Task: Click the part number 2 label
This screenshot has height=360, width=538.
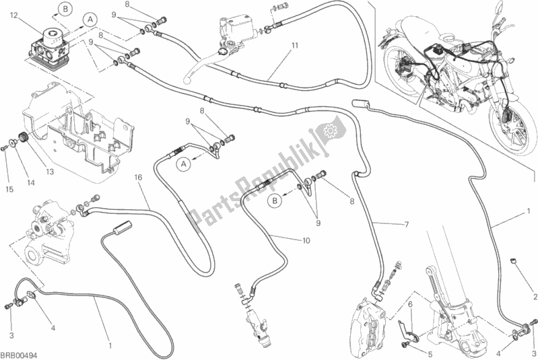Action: click(x=535, y=297)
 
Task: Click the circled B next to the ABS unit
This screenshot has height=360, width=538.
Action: click(x=65, y=8)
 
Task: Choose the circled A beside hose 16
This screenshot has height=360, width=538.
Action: click(x=181, y=164)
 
